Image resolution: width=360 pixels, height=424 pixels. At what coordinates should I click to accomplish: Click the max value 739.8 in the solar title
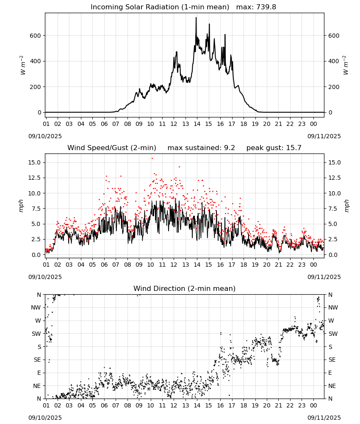266,7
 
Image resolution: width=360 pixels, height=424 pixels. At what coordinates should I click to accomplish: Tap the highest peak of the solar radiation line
196,17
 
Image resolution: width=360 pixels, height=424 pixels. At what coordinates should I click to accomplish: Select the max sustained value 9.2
229,148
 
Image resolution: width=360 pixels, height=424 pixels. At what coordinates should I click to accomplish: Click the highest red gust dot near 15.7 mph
152,159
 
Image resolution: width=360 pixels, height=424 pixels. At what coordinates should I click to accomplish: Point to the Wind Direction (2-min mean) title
185,288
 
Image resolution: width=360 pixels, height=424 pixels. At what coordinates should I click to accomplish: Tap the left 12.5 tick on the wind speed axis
35,178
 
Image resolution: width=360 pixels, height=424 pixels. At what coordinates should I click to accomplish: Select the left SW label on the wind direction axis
36,334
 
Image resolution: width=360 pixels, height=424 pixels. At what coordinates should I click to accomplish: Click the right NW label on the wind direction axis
333,307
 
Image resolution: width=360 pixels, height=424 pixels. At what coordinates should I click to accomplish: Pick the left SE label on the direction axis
37,360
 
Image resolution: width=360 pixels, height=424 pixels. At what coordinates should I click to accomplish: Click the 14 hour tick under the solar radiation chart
197,124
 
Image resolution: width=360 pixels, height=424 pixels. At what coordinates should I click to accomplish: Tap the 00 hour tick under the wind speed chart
313,265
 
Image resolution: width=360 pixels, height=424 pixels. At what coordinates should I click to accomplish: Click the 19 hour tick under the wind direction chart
255,406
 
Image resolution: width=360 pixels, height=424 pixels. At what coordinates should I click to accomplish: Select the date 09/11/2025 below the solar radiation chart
324,136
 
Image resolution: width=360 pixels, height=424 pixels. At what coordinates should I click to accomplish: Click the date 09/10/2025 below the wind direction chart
45,418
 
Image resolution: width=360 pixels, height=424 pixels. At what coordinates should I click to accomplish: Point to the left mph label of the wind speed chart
21,206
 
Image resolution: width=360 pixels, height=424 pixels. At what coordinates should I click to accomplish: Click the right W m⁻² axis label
346,65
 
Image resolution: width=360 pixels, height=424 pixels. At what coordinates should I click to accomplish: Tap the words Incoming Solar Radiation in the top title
135,7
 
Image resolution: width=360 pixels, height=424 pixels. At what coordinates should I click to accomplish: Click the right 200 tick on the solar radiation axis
334,87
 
